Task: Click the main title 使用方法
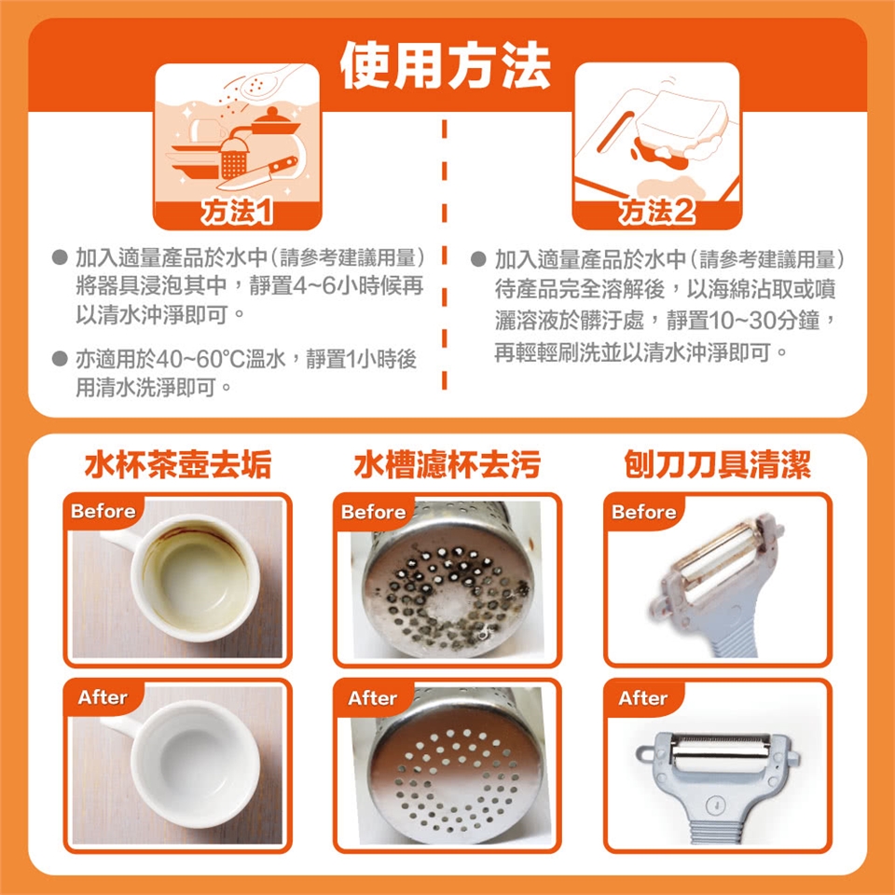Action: (x=446, y=67)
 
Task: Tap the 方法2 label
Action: (x=657, y=213)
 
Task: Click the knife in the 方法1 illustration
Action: (x=257, y=173)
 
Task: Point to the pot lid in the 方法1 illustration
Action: (x=275, y=121)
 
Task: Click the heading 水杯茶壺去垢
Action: (x=177, y=464)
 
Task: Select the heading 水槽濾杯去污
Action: (x=447, y=464)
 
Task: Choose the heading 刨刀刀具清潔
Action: (x=718, y=464)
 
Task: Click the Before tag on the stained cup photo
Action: (x=103, y=511)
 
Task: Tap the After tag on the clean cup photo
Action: (x=103, y=697)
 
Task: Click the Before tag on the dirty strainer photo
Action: (x=373, y=512)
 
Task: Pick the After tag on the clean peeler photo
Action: (x=643, y=698)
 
